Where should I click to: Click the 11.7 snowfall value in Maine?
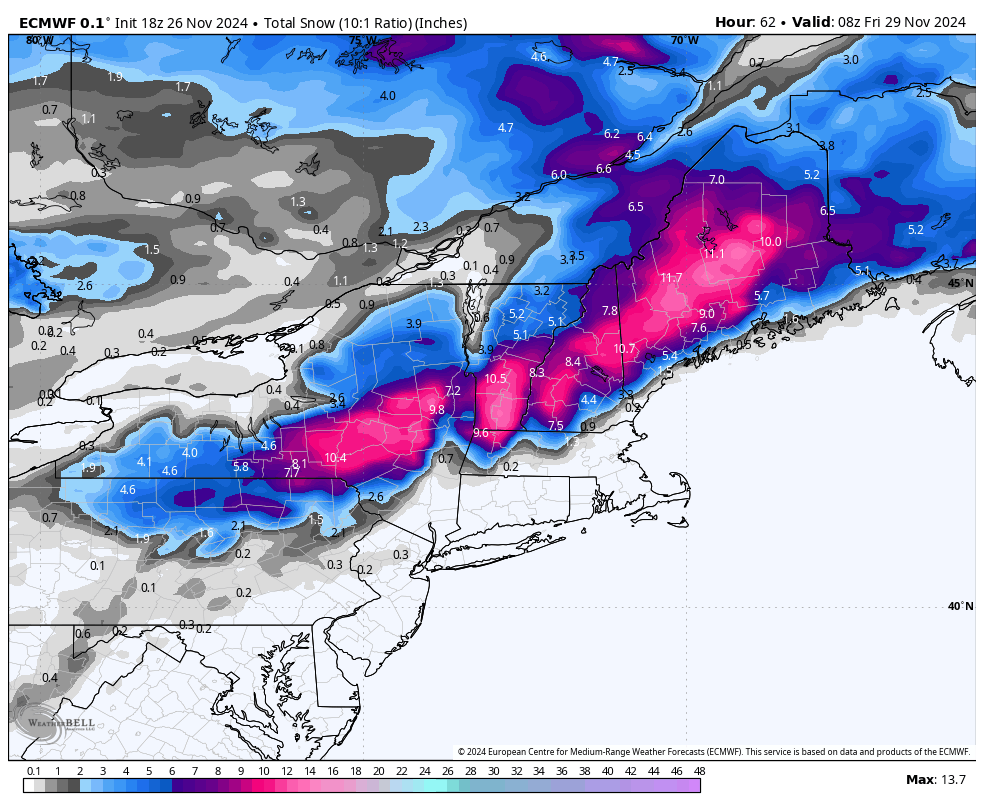click(671, 278)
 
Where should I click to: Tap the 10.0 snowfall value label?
click(770, 242)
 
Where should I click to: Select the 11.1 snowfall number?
click(714, 254)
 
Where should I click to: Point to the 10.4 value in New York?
click(335, 458)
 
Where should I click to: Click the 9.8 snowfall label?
click(436, 410)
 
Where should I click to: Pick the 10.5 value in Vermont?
click(496, 379)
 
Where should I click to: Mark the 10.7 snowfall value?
click(625, 349)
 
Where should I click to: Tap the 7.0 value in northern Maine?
click(716, 180)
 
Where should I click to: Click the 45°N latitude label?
click(960, 283)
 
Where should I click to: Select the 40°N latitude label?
click(960, 606)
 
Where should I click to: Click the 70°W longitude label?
click(685, 41)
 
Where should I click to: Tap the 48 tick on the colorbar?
click(699, 771)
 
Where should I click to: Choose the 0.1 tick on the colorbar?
click(33, 771)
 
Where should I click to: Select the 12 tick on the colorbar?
click(286, 771)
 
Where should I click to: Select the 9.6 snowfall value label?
click(480, 433)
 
